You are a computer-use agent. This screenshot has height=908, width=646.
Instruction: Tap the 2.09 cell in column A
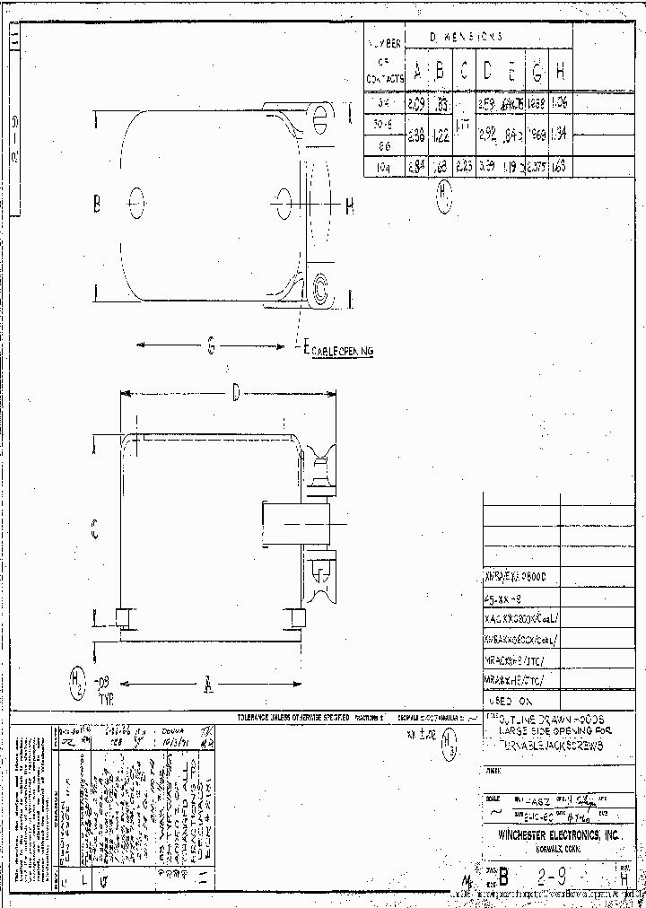coord(416,105)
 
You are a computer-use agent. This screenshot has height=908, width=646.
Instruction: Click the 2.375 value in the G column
coord(536,166)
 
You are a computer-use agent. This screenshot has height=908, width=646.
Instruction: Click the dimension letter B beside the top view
coord(97,204)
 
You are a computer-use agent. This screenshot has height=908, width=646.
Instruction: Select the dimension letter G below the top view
coord(211,344)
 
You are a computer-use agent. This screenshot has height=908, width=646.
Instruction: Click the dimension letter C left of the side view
coord(95,530)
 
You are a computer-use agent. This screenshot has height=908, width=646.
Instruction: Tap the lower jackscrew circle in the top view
coord(319,288)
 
